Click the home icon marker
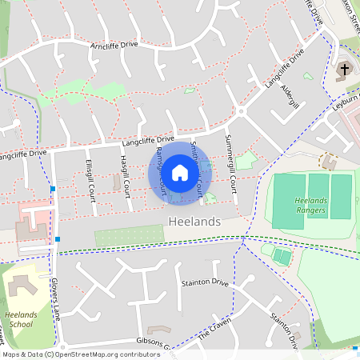point(180,172)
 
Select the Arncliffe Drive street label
point(114,46)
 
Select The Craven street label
point(213,335)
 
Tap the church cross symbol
point(345,70)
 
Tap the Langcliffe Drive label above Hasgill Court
point(148,142)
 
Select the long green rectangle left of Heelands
point(128,237)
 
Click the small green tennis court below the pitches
point(282,256)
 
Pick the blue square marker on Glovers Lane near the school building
point(58,238)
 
